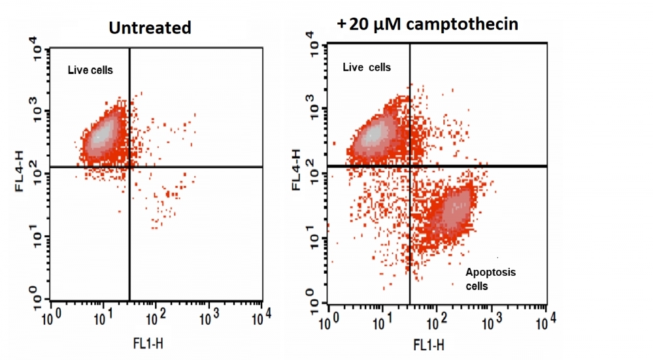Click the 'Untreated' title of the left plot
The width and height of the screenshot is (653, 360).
[150, 27]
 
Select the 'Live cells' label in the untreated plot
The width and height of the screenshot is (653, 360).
[91, 70]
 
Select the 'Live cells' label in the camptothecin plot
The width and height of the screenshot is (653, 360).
[367, 67]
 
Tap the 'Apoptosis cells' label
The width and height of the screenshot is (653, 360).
[490, 279]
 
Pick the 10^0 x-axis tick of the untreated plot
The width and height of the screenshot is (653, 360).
[54, 318]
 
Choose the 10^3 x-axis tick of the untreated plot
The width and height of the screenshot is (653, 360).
[209, 318]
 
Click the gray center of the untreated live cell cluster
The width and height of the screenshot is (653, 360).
[102, 135]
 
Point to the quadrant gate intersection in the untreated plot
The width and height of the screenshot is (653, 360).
[129, 167]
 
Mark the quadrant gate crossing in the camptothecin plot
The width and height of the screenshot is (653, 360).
[410, 166]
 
